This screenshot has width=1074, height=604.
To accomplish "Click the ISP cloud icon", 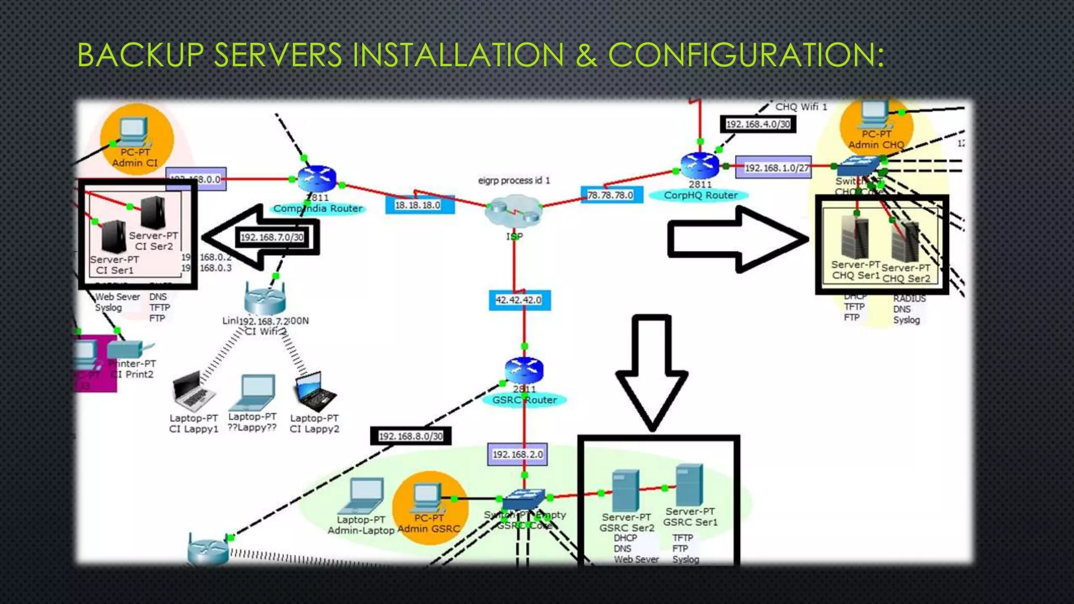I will (x=513, y=211).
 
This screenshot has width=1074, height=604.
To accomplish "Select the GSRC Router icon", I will (x=524, y=370).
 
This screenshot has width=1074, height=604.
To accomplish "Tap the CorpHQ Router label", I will (x=700, y=196).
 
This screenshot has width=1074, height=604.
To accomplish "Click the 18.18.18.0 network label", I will (x=417, y=205).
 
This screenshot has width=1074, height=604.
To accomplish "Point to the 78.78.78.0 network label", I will (x=610, y=195).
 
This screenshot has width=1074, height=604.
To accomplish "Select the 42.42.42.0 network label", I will (x=519, y=300).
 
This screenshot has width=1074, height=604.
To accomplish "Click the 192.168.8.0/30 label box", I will (x=411, y=436).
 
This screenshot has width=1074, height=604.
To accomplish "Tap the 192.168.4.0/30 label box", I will (x=758, y=124).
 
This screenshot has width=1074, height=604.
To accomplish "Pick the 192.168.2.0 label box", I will (x=518, y=454).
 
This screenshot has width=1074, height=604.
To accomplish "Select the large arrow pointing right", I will (x=737, y=240).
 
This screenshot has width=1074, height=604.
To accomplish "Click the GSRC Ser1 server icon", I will (x=689, y=484).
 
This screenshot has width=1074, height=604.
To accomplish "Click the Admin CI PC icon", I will (x=134, y=132).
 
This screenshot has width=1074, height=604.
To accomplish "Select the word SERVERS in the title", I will (x=278, y=55).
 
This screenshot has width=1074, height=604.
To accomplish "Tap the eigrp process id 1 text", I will (x=514, y=180).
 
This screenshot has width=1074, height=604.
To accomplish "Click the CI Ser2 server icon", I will (x=153, y=212).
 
